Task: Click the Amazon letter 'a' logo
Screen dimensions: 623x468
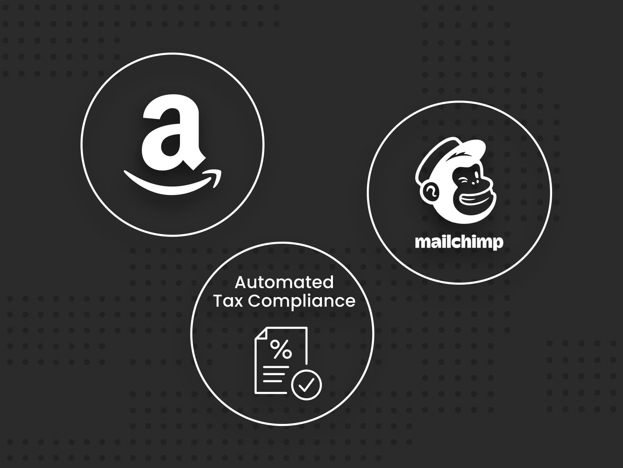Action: coord(173,132)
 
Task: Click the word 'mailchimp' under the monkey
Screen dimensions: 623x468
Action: coord(459,243)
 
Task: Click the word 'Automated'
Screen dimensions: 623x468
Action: coord(284,282)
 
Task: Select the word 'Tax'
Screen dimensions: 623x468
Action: coord(228,301)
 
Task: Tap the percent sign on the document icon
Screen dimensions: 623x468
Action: coord(281,349)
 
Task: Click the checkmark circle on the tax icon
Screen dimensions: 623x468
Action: coord(306,385)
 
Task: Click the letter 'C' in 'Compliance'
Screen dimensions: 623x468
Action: coord(254,301)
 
